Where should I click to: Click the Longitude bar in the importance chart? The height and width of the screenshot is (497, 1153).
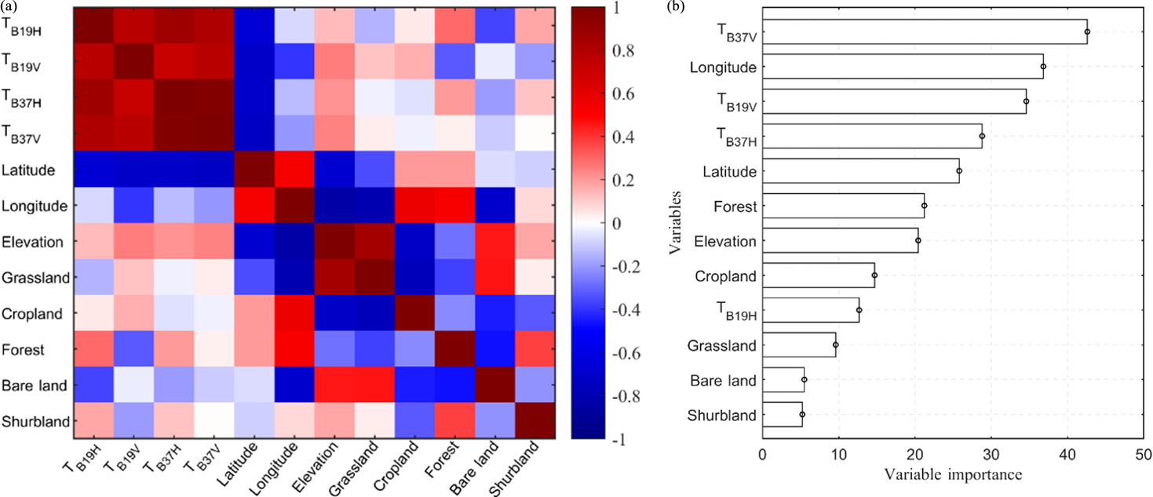[902, 67]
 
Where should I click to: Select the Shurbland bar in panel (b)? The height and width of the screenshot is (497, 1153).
[782, 414]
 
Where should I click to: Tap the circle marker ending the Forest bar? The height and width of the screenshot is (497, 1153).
[924, 206]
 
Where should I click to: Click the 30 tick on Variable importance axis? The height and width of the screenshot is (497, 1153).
[991, 455]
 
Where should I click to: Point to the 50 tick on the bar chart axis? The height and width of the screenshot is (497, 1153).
[1143, 455]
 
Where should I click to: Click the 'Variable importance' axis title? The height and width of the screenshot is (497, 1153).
[952, 475]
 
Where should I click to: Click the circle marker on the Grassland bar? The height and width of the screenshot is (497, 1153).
[835, 345]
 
